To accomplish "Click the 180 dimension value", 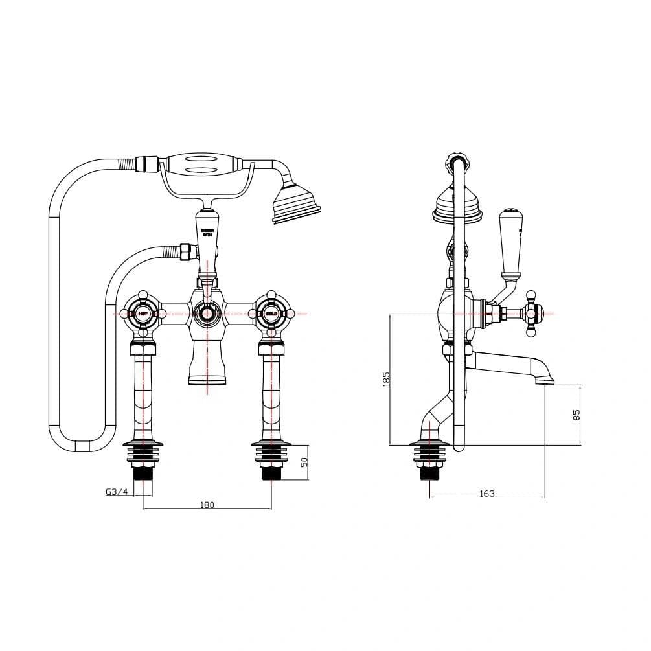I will (x=207, y=505).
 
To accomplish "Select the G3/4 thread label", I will (x=117, y=492).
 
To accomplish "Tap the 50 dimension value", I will (x=304, y=462).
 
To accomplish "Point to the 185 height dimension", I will (x=386, y=379).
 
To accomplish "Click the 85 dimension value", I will (x=577, y=415).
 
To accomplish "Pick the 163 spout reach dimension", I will (x=487, y=494).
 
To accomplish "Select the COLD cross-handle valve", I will (x=271, y=314).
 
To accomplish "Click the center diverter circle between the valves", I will (x=207, y=315).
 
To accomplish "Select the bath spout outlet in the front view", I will (x=207, y=377).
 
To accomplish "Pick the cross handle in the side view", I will (x=532, y=314).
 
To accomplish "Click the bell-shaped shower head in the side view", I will (x=457, y=201).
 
